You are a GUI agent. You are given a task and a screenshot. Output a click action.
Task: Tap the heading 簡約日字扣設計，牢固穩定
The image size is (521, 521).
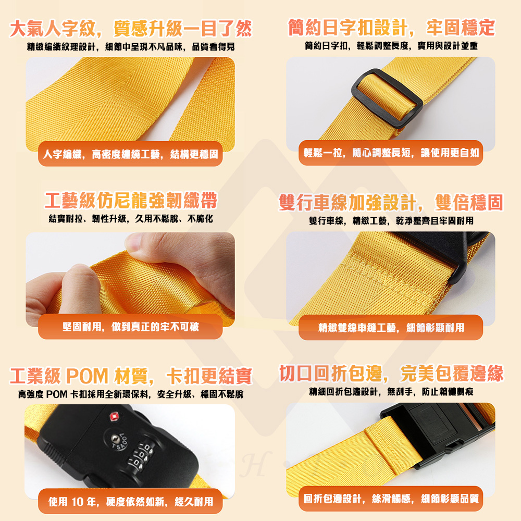391,27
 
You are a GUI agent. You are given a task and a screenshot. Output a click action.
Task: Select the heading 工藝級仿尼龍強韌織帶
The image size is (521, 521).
131,201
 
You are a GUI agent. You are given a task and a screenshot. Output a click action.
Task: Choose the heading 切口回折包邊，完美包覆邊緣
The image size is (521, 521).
391,374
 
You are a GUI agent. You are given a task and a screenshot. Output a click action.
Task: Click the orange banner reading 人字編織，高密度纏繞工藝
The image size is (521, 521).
130,154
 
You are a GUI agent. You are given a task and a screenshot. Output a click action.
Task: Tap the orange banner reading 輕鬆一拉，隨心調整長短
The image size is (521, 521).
391,153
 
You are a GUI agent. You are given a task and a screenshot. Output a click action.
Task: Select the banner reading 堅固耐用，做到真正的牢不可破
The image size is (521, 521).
130,327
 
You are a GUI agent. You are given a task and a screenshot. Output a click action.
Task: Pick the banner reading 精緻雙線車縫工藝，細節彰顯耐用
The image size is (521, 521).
391,327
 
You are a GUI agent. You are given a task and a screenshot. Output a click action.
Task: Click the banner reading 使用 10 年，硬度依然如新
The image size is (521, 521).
130,501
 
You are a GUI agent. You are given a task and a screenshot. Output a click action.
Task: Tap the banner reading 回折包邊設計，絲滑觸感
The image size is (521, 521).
391,499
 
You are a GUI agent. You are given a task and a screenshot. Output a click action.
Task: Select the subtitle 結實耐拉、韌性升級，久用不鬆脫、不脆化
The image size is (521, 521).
131,219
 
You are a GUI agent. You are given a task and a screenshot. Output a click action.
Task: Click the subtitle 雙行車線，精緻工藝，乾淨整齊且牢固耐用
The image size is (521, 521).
391,221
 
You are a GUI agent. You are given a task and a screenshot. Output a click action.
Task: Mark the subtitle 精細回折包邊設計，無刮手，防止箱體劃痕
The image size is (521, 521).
391,391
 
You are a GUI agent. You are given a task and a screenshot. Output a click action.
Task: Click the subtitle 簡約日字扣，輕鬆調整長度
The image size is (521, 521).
391,46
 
